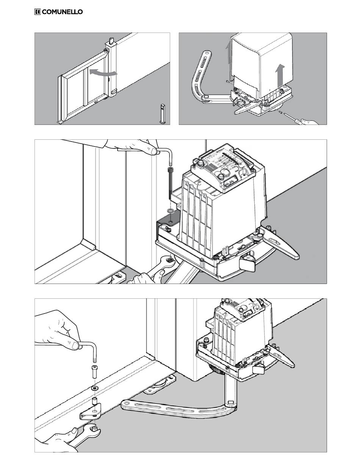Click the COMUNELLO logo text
tap(62, 12)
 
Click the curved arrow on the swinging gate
tap(103, 73)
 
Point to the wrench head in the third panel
tap(169, 261)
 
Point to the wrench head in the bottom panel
tap(93, 430)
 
